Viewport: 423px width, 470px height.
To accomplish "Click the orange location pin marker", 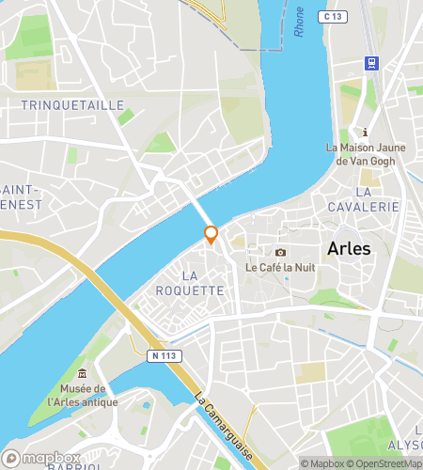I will pos(211,235).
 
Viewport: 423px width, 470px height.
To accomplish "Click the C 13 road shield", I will pos(332,16).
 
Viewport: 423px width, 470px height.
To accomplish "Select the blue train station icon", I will pos(371,63).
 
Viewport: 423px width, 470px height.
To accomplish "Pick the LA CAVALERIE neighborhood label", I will pos(364,206).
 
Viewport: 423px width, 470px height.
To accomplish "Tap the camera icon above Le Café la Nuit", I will pos(280,252).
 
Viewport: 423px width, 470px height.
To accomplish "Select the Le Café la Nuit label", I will pos(279,268).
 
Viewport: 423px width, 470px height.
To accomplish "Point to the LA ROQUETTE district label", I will pos(202,283).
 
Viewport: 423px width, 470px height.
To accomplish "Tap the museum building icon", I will pos(83,375).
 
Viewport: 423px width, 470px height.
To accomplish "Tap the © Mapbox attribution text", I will pos(323,462).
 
